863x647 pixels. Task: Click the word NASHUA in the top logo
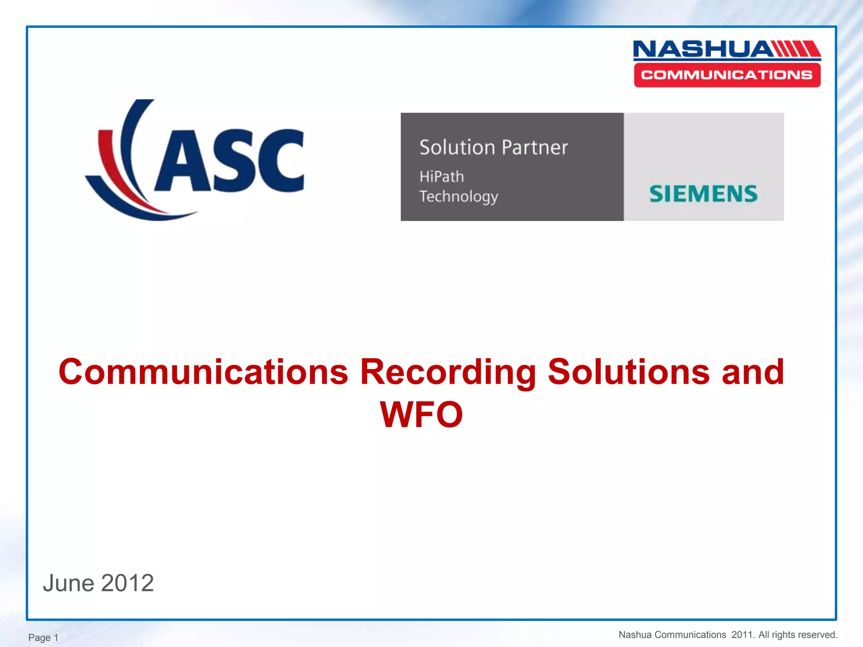click(702, 49)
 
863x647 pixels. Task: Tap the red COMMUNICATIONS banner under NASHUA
click(727, 75)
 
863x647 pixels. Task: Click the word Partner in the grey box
click(535, 147)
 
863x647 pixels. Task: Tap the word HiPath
click(442, 176)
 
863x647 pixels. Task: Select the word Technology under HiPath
click(458, 197)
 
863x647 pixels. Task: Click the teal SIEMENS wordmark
click(703, 194)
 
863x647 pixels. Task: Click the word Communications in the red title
click(203, 372)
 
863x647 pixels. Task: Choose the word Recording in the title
click(448, 372)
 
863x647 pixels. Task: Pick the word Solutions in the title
click(628, 372)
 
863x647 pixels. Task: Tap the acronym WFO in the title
click(421, 414)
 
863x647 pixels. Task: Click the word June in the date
click(68, 583)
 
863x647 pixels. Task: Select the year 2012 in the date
click(127, 583)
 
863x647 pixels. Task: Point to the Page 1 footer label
click(43, 637)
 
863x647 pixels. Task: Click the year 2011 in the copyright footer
click(742, 635)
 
